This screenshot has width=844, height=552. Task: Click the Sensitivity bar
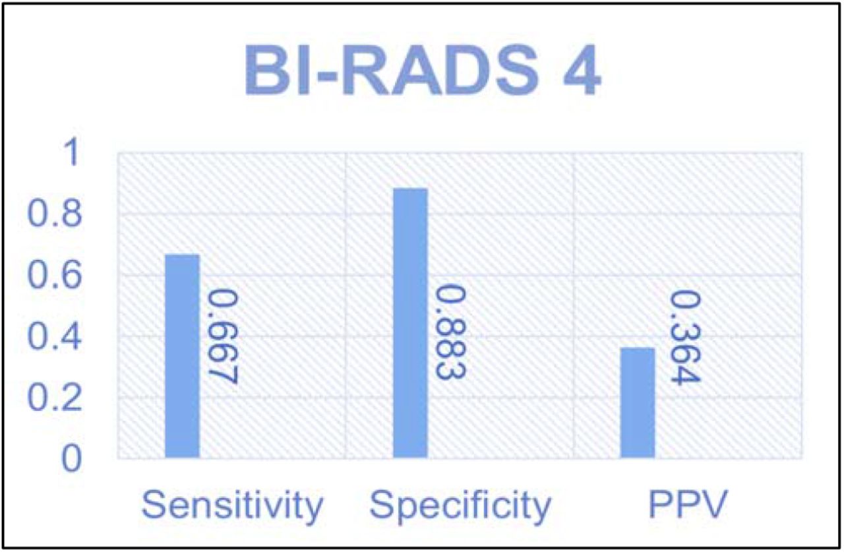pos(183,356)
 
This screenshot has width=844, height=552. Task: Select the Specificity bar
pos(410,323)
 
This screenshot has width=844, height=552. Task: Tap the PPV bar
pos(638,403)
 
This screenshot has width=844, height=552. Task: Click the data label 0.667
pos(223,336)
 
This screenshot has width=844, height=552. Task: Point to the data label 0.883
pos(450,332)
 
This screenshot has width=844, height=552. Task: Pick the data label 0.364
pos(685,338)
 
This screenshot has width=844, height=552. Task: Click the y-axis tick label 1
pos(72,152)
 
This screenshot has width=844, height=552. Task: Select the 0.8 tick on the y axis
pos(55,213)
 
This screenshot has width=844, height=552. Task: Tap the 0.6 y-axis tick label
pos(55,274)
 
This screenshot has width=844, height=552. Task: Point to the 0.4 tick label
pos(55,336)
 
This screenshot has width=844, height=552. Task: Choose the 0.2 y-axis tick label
pos(55,397)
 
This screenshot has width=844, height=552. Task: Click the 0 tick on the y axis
pos(72,458)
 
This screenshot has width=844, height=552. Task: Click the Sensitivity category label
pos(232,505)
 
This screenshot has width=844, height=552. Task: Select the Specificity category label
pos(460,505)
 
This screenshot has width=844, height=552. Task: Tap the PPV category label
pos(688,504)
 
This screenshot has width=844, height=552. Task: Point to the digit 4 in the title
pos(582,70)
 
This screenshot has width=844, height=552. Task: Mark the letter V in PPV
pos(713,504)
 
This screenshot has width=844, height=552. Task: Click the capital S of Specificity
pos(382,504)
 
